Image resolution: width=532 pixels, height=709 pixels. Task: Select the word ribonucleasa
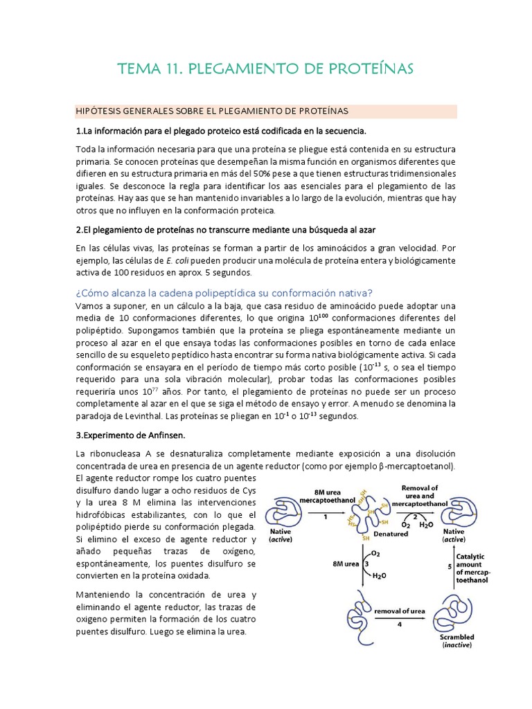[x=111, y=454]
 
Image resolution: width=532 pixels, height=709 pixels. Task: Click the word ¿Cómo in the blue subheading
[x=92, y=292]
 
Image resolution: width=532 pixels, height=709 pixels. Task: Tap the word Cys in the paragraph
[x=249, y=491]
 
